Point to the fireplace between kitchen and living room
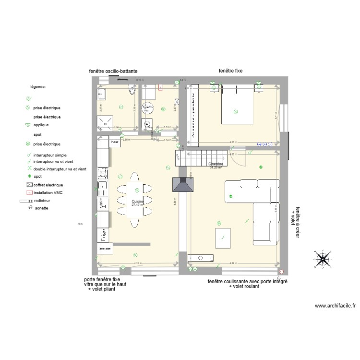point(183,185)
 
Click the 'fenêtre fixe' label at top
point(230,71)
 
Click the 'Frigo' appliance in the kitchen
point(103,236)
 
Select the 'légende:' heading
point(38,87)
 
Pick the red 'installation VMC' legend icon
point(29,192)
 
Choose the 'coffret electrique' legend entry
point(48,185)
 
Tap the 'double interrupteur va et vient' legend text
point(60,169)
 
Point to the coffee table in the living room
point(223,236)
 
